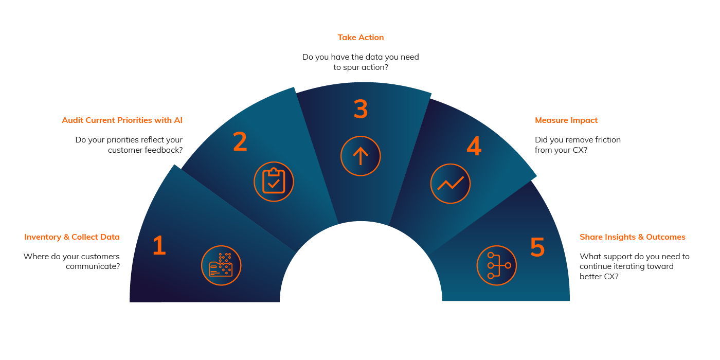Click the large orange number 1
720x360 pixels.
click(159, 245)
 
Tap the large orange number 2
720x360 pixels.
click(240, 141)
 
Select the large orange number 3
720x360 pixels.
click(361, 109)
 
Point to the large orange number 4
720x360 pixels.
click(474, 146)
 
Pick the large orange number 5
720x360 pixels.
click(537, 247)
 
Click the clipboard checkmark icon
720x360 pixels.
click(274, 182)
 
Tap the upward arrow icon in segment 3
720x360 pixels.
click(361, 156)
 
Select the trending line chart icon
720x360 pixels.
click(451, 184)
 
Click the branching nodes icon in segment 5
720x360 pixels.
click(497, 265)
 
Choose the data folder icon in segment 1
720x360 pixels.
click(221, 265)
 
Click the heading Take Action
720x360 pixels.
click(361, 38)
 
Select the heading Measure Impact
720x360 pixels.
click(566, 120)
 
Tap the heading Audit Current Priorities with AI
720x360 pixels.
click(122, 120)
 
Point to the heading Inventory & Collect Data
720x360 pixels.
click(72, 237)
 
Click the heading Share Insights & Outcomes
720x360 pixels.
click(632, 237)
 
